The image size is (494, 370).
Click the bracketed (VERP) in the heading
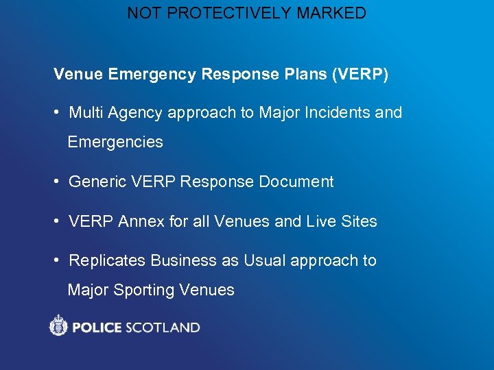click(360, 74)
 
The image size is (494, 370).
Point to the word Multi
click(86, 112)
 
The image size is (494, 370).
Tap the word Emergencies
click(115, 143)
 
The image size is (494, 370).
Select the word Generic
click(96, 182)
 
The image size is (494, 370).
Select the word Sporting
click(143, 290)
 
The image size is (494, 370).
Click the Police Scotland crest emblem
click(59, 325)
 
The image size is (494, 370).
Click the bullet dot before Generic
click(58, 182)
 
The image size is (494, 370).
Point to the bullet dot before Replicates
click(58, 261)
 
